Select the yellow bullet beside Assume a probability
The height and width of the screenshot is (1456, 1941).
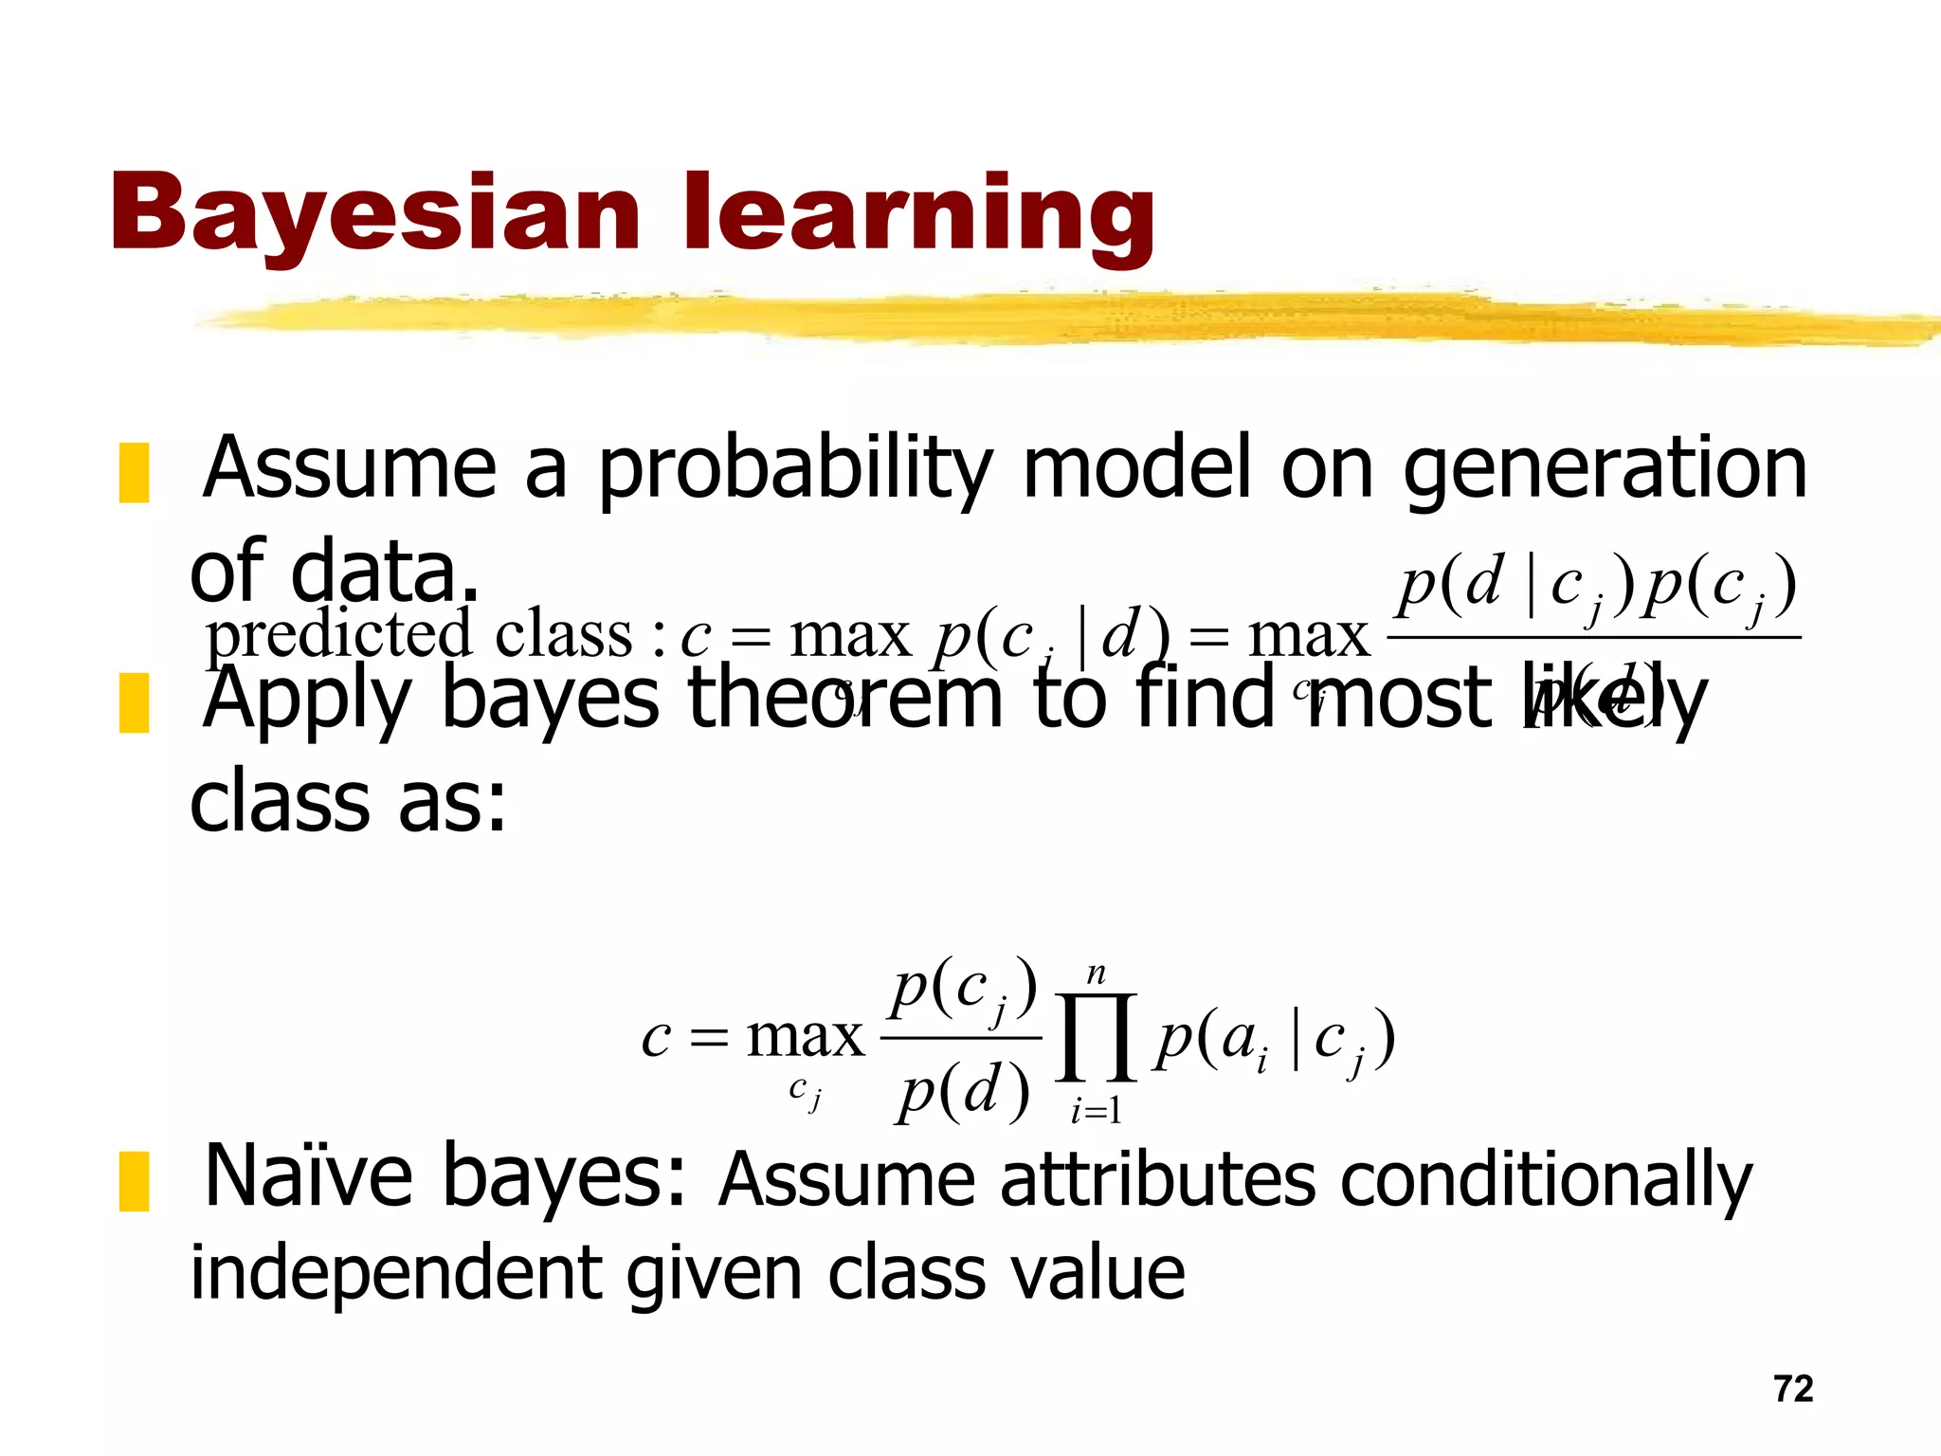pyautogui.click(x=134, y=472)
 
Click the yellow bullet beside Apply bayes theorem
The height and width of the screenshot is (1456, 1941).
pyautogui.click(x=134, y=702)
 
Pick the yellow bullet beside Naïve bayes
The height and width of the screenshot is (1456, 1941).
pyautogui.click(x=134, y=1181)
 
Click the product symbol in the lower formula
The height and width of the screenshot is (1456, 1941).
pyautogui.click(x=1096, y=1037)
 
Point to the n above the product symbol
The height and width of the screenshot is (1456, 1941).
pyautogui.click(x=1096, y=974)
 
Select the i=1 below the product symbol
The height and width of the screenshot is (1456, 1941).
pyautogui.click(x=1096, y=1109)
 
